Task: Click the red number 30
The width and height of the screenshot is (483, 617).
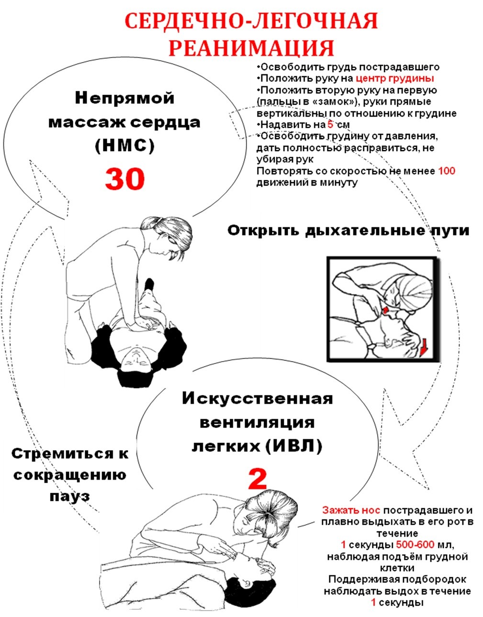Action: [x=125, y=178]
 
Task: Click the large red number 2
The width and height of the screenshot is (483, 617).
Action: [x=258, y=480]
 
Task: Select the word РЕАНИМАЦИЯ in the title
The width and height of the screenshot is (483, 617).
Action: [x=251, y=48]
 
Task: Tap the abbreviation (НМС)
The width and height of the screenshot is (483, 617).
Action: [x=125, y=146]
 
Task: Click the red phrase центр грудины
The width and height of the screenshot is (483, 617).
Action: [x=394, y=78]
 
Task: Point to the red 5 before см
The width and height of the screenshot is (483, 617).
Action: [x=330, y=124]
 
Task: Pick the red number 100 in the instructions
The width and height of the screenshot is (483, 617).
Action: [x=447, y=171]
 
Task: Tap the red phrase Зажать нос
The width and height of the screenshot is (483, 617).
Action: [x=351, y=510]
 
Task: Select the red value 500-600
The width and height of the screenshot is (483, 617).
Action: [x=415, y=544]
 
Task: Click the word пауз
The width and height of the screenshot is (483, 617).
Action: [x=70, y=497]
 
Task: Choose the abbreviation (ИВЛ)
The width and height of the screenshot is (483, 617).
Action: [x=294, y=446]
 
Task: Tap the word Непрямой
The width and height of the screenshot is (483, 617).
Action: [x=125, y=99]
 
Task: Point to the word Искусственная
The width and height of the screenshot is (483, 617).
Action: [x=258, y=398]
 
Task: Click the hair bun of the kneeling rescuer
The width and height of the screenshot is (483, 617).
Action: [x=147, y=224]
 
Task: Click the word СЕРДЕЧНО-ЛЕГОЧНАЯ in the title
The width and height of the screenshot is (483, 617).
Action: [x=251, y=22]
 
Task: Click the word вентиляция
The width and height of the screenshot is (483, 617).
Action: [x=258, y=422]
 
